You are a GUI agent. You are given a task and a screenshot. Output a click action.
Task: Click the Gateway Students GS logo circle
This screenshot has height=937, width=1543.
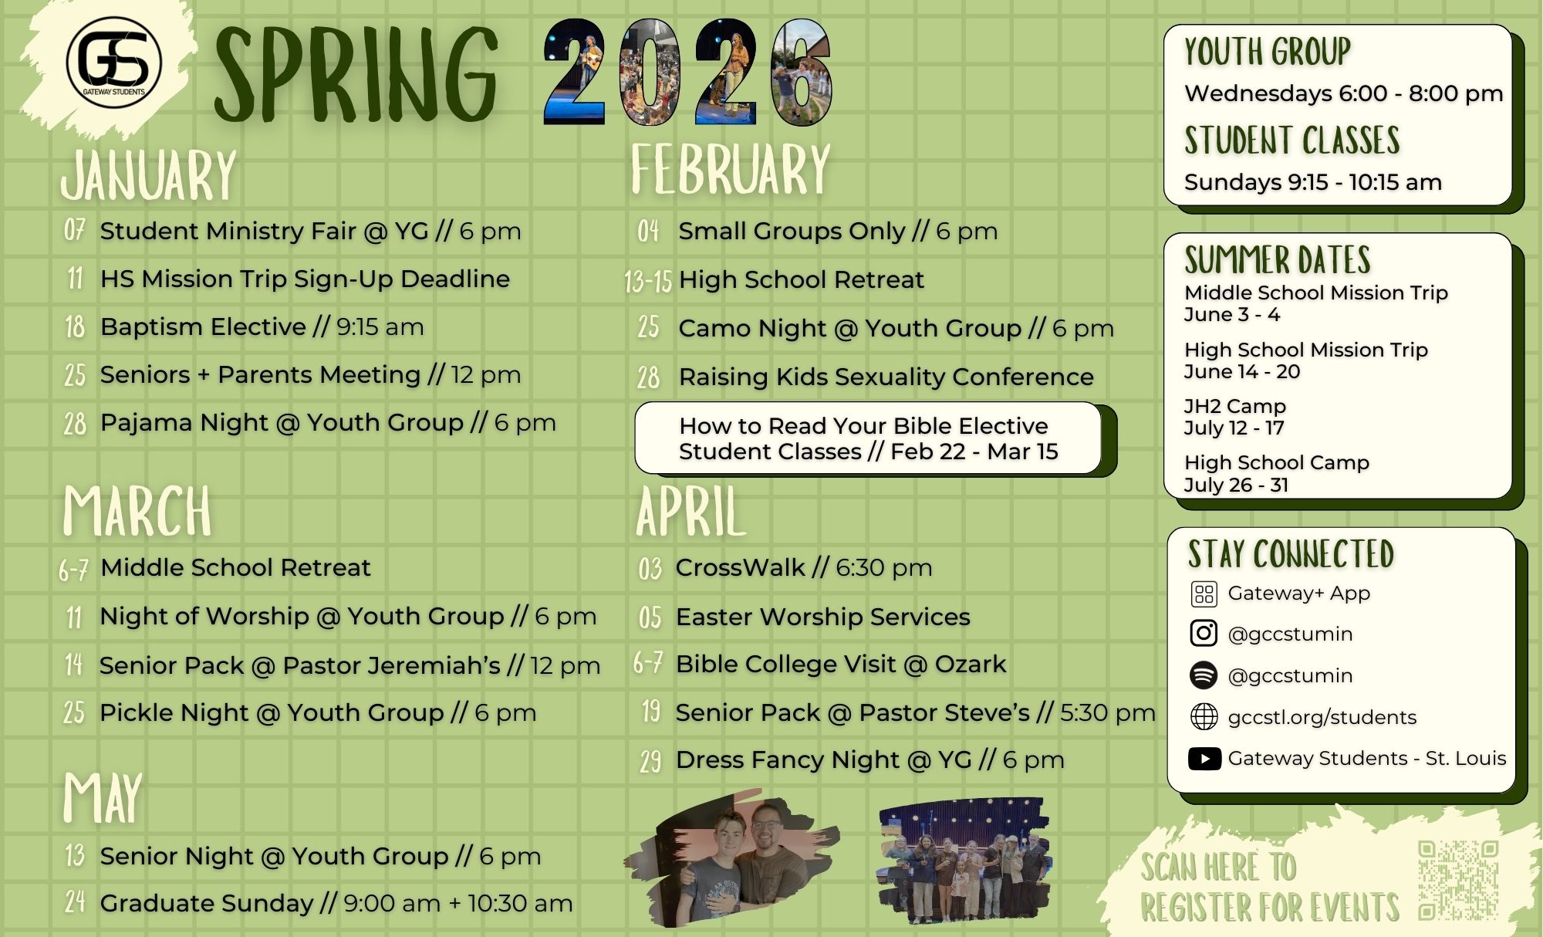pyautogui.click(x=114, y=62)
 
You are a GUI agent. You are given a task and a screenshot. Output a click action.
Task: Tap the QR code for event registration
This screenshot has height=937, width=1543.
pyautogui.click(x=1458, y=880)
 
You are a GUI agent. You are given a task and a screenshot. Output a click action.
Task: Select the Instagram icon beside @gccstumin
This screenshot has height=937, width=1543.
pyautogui.click(x=1204, y=633)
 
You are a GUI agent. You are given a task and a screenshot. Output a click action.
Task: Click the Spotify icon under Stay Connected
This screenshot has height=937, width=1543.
pyautogui.click(x=1204, y=675)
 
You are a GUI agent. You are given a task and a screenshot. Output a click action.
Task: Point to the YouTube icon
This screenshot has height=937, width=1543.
pyautogui.click(x=1204, y=759)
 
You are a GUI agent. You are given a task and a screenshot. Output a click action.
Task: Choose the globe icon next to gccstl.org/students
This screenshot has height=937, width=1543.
pyautogui.click(x=1204, y=717)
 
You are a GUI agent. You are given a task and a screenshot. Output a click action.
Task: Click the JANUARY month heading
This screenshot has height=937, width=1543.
pyautogui.click(x=149, y=176)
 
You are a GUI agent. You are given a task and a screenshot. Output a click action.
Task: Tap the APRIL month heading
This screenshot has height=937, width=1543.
pyautogui.click(x=691, y=511)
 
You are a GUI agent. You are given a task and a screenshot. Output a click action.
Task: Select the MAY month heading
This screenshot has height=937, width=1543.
pyautogui.click(x=103, y=798)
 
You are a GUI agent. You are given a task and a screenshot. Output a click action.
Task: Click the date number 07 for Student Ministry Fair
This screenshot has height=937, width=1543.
pyautogui.click(x=74, y=230)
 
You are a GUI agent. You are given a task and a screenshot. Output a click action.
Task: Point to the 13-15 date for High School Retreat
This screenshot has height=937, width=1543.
pyautogui.click(x=648, y=281)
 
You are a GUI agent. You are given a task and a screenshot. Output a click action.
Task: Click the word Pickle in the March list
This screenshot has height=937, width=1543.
pyautogui.click(x=136, y=712)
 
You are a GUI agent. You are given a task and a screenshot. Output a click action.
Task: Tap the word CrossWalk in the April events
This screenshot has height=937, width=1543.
pyautogui.click(x=741, y=567)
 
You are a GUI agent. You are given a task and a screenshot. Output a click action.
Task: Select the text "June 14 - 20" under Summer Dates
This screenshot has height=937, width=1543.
pyautogui.click(x=1242, y=371)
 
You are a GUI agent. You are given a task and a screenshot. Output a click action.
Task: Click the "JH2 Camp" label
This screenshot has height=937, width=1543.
pyautogui.click(x=1235, y=406)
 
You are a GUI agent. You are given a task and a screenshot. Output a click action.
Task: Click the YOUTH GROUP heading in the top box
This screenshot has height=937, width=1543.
pyautogui.click(x=1268, y=52)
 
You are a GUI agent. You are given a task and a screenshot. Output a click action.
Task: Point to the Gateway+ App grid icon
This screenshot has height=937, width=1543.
pyautogui.click(x=1204, y=594)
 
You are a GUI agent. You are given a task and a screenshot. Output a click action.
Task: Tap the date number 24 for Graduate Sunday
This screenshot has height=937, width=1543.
pyautogui.click(x=74, y=902)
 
